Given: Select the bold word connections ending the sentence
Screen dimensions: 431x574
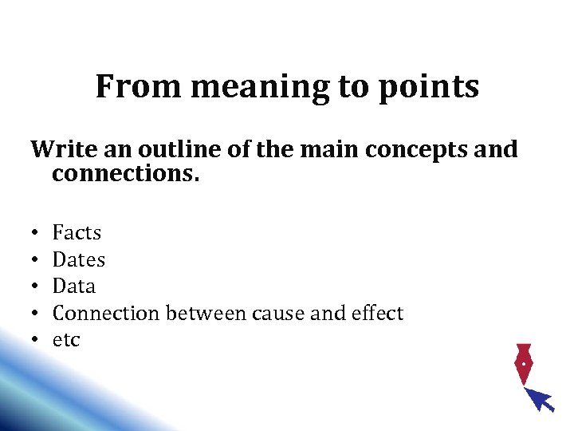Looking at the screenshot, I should pyautogui.click(x=125, y=173).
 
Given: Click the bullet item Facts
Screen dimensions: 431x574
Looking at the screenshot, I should pyautogui.click(x=77, y=233).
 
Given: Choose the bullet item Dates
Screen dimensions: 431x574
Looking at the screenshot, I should pyautogui.click(x=78, y=259).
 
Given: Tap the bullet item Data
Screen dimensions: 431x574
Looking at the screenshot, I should pyautogui.click(x=73, y=287).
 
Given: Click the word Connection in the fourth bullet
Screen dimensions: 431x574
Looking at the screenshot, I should pyautogui.click(x=106, y=314).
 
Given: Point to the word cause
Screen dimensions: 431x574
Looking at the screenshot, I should pyautogui.click(x=277, y=314).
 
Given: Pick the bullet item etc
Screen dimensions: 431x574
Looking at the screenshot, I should pyautogui.click(x=66, y=341).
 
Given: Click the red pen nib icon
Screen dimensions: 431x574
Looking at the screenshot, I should pyautogui.click(x=522, y=363).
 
